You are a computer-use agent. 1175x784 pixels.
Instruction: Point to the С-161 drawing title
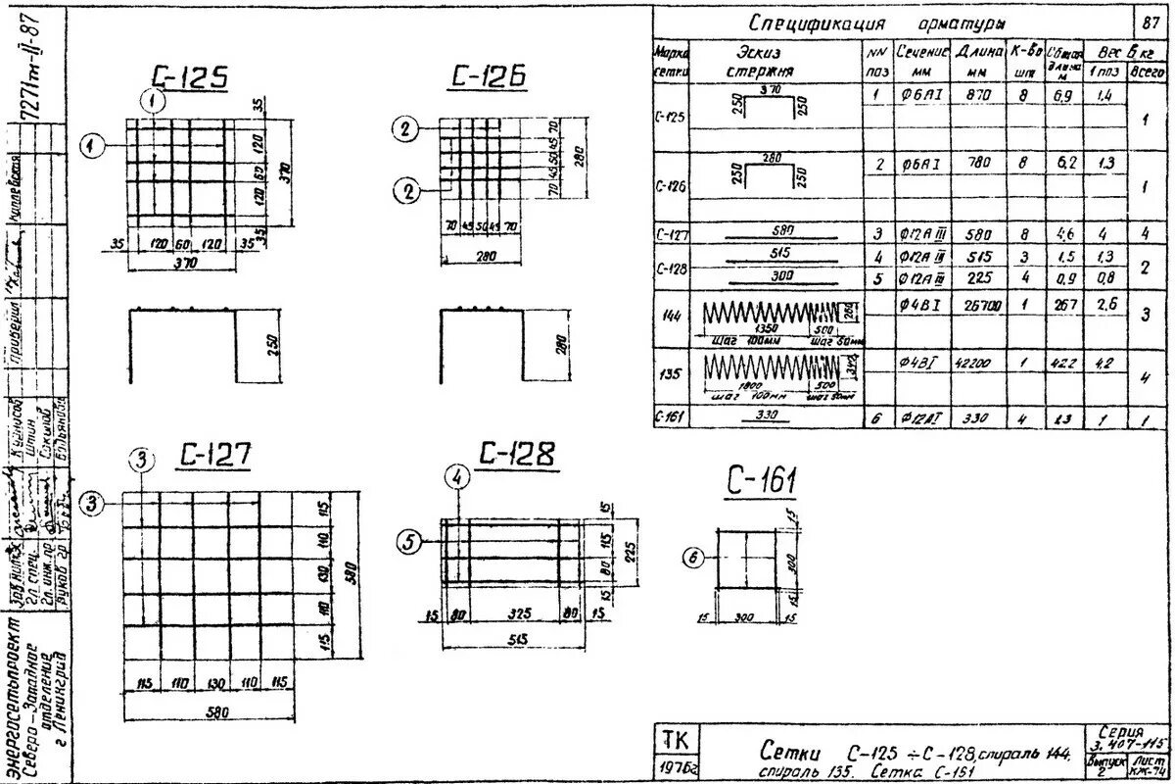[x=762, y=481]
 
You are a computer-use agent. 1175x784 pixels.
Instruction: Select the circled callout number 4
[x=457, y=477]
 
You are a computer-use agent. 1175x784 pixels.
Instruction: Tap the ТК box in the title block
[x=675, y=739]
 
